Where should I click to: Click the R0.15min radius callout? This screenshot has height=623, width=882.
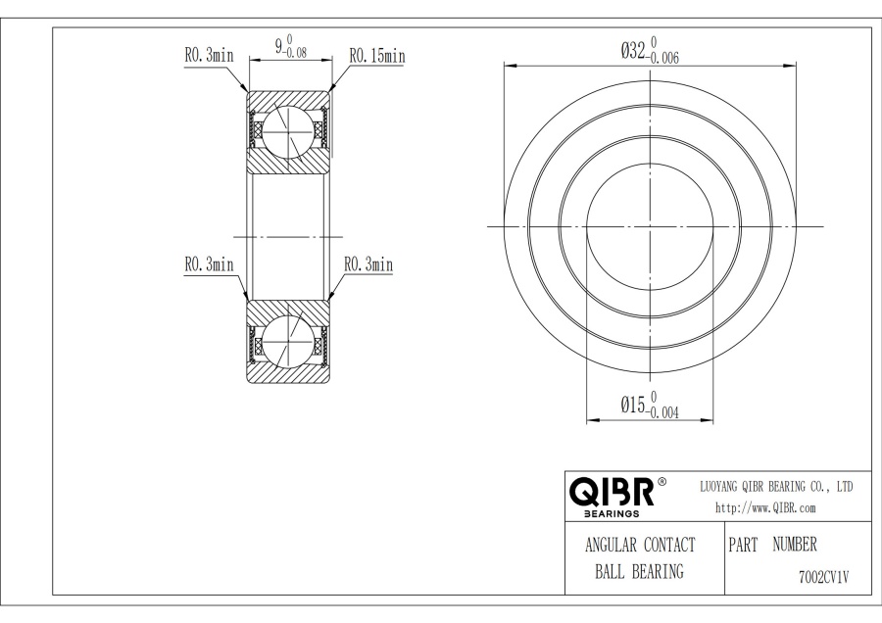coord(377,56)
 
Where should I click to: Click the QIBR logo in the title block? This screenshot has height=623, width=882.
coord(612,492)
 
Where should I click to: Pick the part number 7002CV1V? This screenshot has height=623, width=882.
coord(824,577)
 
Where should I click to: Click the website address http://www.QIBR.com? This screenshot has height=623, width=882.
coord(765,508)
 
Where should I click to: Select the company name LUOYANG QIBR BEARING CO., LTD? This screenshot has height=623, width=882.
coord(776,487)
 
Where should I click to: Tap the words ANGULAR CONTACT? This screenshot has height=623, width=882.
coord(640,545)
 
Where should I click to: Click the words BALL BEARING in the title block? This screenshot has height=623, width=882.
coord(640,572)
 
